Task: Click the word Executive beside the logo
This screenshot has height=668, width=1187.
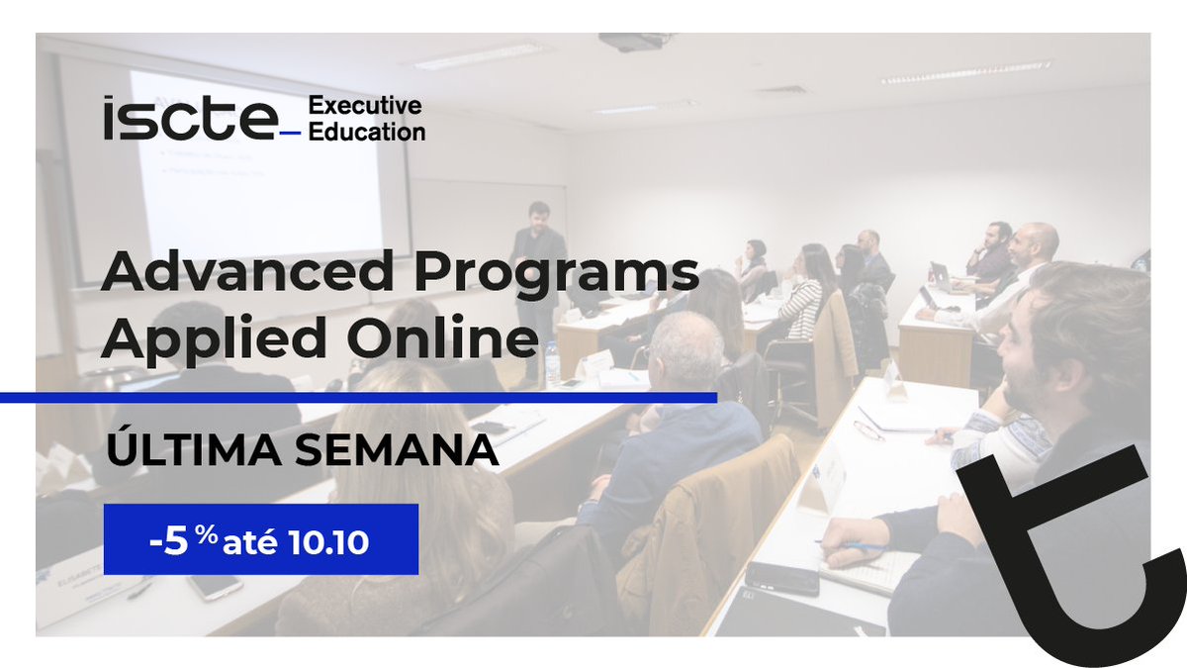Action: (x=365, y=106)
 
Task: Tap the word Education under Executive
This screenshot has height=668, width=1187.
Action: (x=367, y=131)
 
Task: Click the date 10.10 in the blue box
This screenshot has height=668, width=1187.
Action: (x=329, y=542)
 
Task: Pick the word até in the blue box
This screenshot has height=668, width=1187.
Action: (x=258, y=542)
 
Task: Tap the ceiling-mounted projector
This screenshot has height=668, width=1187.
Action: (x=634, y=42)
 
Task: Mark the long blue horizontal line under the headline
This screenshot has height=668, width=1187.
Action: (x=356, y=398)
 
